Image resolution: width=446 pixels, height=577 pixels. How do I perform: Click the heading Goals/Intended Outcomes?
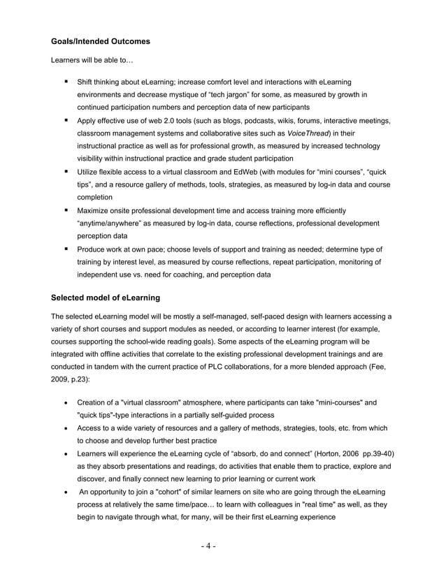pyautogui.click(x=101, y=42)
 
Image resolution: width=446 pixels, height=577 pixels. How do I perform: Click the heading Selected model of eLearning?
pyautogui.click(x=106, y=298)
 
